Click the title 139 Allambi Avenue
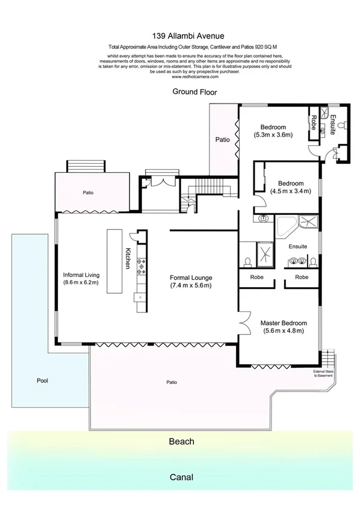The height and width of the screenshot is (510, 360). (180, 36)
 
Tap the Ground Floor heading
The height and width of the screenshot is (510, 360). (194, 92)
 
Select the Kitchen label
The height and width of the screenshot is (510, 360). (128, 259)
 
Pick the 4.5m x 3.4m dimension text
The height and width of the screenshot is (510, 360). (290, 191)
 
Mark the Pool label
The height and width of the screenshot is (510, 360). (42, 381)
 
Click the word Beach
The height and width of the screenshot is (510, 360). (181, 441)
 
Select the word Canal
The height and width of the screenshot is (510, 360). (181, 477)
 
